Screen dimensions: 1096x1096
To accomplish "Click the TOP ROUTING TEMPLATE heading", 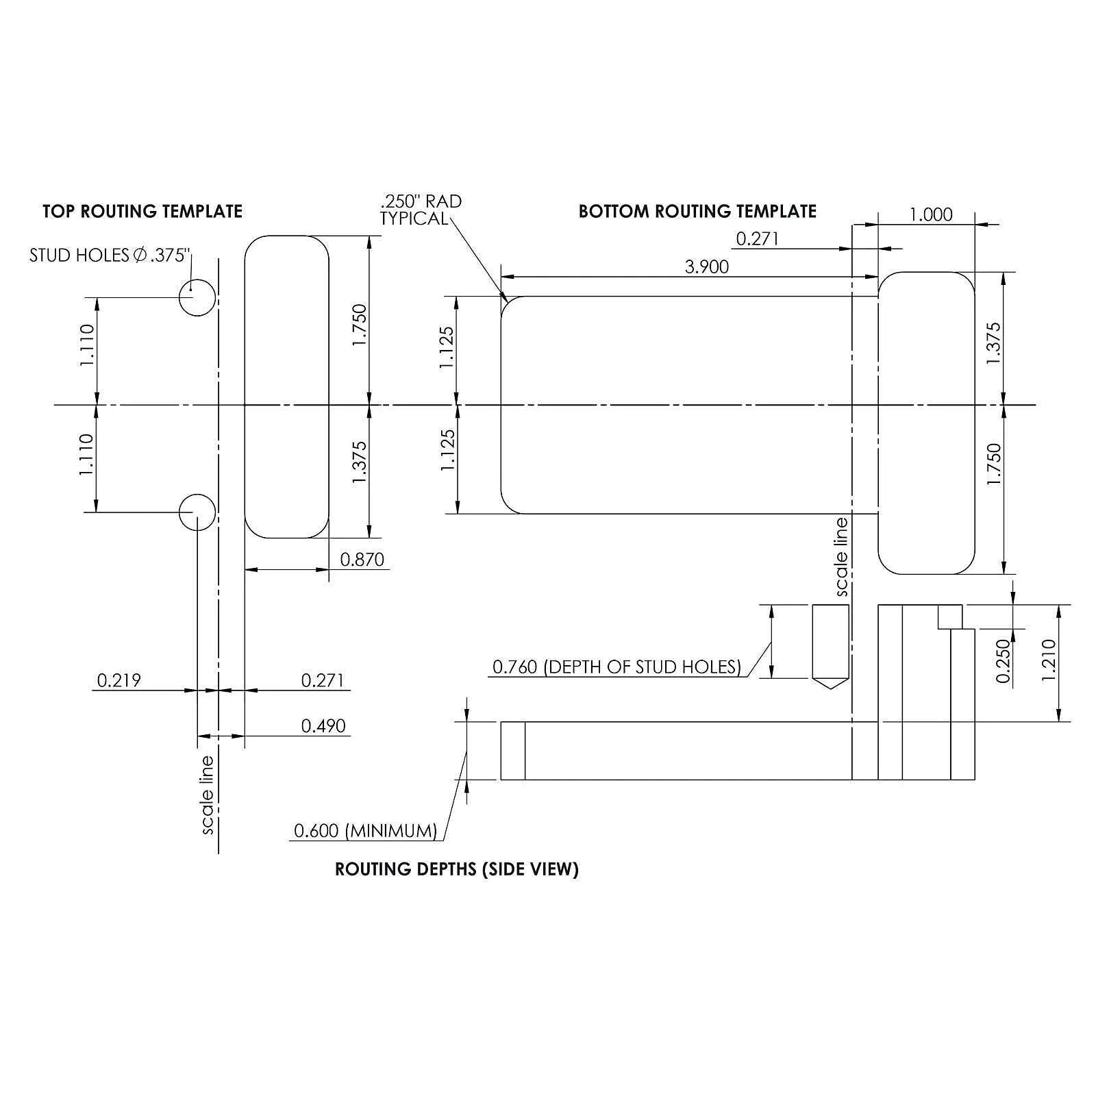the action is click(x=142, y=211).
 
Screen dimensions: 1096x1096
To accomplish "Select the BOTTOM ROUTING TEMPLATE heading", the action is click(x=697, y=211).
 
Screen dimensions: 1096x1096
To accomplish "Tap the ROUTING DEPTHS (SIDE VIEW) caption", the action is click(x=457, y=869).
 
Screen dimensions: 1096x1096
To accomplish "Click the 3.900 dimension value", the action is click(x=707, y=266).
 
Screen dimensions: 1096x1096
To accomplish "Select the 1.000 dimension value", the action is click(x=931, y=214).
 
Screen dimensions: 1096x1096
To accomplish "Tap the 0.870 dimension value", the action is click(x=362, y=560).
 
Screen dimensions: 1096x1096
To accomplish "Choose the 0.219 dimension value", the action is click(x=119, y=680).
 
